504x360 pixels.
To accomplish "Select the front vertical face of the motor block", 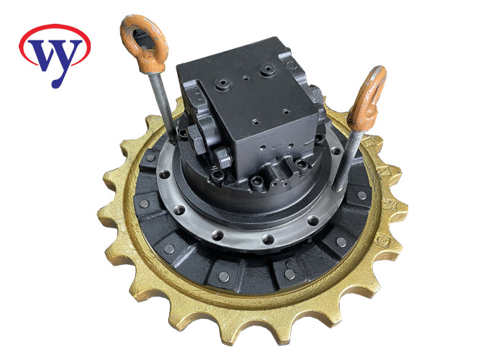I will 281,137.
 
